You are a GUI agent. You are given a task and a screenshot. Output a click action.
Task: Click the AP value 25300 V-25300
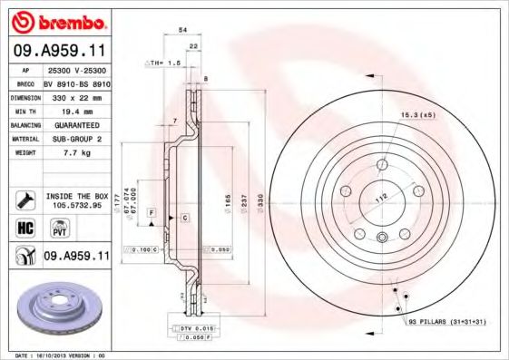[77, 69]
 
